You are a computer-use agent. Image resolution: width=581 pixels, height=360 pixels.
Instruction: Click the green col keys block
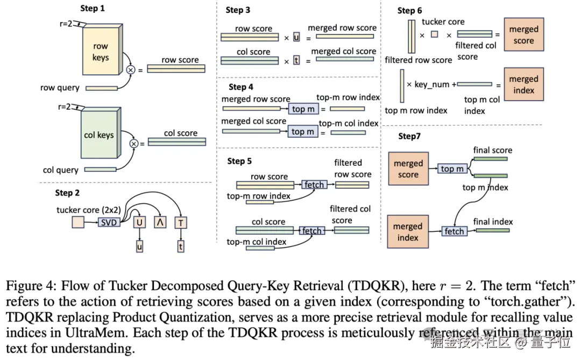101,133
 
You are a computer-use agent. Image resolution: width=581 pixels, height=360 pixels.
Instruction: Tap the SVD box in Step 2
109,222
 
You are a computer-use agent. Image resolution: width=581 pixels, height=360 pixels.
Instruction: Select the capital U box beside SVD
139,222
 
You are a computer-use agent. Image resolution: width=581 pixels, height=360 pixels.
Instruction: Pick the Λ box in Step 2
160,222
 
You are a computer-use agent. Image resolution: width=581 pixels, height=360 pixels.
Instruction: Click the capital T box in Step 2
181,223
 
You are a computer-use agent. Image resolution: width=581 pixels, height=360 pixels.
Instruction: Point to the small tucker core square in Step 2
78,222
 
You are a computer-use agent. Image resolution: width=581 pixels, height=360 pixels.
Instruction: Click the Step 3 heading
238,10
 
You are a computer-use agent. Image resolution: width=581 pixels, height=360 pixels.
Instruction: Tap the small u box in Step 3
296,37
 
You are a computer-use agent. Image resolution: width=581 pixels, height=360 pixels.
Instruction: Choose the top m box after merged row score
303,109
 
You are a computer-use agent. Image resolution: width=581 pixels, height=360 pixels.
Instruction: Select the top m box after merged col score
303,132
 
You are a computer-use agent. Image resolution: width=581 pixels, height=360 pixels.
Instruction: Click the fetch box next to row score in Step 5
314,184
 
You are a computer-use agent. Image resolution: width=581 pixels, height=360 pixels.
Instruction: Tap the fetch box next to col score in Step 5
311,231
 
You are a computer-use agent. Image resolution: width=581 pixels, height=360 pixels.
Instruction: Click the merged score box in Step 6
523,34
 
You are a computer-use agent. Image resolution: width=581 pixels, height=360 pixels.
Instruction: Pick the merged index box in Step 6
523,84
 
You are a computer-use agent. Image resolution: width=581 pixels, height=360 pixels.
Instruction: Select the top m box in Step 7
452,168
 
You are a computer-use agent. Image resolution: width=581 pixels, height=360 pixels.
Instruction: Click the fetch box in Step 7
454,231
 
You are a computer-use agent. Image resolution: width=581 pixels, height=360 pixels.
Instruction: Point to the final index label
493,222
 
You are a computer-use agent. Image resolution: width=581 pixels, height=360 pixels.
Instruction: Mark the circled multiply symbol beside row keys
130,70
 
